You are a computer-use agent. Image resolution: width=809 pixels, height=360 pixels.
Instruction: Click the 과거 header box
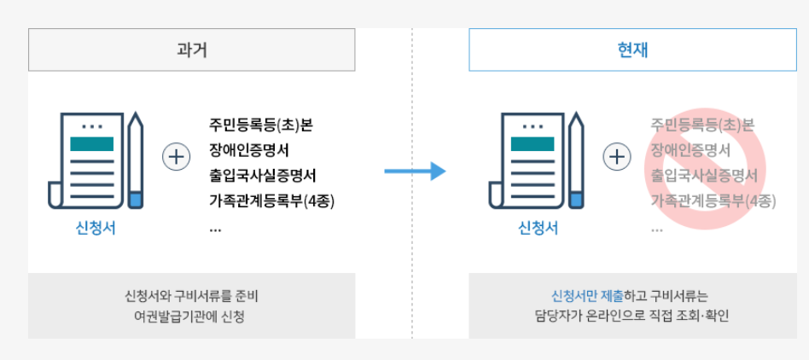pos(191,50)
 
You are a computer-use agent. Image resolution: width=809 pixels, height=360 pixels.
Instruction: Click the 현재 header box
pos(632,50)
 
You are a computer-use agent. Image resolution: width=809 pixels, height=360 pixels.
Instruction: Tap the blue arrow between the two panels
pos(415,171)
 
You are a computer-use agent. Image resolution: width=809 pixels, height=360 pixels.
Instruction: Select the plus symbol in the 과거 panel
pos(177,158)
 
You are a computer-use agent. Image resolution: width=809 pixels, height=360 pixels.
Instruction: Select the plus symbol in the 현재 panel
pos(617,158)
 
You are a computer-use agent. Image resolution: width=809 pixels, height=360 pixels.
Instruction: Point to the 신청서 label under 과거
pos(96,228)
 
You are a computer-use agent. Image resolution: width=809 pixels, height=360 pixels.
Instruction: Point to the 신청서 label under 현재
pos(538,228)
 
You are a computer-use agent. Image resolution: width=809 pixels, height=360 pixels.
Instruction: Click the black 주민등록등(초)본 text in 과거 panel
pos(261,125)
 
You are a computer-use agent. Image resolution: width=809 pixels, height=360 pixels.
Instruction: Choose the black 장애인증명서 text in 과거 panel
pos(249,151)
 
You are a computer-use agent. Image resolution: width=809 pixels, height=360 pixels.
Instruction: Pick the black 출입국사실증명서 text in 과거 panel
pos(263,177)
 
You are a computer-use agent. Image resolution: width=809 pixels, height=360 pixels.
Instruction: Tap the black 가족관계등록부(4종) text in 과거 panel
pos(272,202)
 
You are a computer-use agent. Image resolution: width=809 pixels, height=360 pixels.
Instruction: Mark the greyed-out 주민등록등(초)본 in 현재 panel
pos(702,125)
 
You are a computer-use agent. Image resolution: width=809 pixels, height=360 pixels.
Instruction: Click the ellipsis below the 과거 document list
pos(214,229)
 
